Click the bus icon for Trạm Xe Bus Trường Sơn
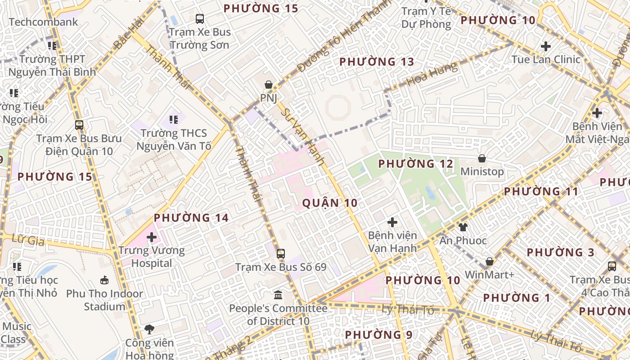pyautogui.click(x=199, y=19)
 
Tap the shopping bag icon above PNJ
pyautogui.click(x=268, y=85)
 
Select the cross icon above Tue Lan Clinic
pyautogui.click(x=545, y=46)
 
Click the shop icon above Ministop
pyautogui.click(x=482, y=158)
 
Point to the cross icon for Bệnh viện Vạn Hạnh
pyautogui.click(x=392, y=222)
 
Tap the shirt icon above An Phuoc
pyautogui.click(x=463, y=227)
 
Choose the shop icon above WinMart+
pyautogui.click(x=490, y=261)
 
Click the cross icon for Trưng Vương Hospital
pyautogui.click(x=152, y=237)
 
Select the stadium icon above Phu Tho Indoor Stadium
pyautogui.click(x=104, y=280)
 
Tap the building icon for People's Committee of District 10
pyautogui.click(x=278, y=295)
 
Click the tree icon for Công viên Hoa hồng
pyautogui.click(x=149, y=329)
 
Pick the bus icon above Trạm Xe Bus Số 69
pyautogui.click(x=281, y=254)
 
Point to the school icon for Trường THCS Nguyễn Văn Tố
pyautogui.click(x=173, y=120)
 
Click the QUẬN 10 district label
pyautogui.click(x=330, y=203)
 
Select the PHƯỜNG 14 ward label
pyautogui.click(x=191, y=218)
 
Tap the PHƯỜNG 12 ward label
pyautogui.click(x=416, y=164)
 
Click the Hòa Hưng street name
pyautogui.click(x=432, y=75)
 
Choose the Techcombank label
pyautogui.click(x=43, y=22)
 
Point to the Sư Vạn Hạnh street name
pyautogui.click(x=302, y=137)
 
